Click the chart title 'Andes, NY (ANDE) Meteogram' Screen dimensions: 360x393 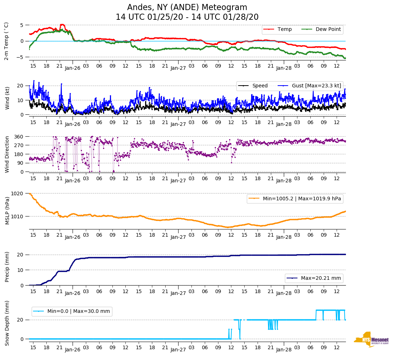(187, 8)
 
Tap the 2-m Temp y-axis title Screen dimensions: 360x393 (6, 41)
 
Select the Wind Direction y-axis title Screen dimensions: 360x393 (7, 154)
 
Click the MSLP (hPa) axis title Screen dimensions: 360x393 (7, 211)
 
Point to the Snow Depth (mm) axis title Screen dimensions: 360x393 (7, 323)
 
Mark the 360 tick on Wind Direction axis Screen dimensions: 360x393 (19, 137)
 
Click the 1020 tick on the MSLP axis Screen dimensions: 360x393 (18, 193)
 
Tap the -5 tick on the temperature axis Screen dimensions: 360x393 (20, 57)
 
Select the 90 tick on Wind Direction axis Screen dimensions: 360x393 (20, 163)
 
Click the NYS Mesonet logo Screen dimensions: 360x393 (371, 339)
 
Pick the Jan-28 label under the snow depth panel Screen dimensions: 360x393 (283, 349)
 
